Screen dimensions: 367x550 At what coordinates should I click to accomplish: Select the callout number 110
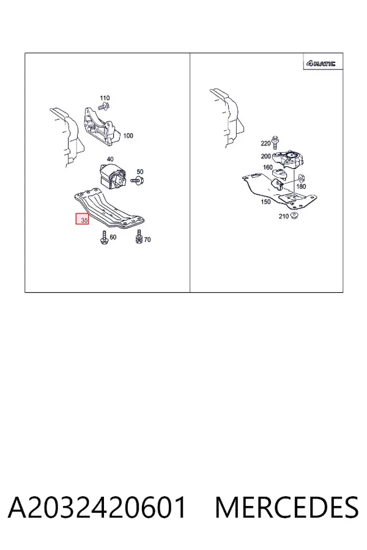[105, 98]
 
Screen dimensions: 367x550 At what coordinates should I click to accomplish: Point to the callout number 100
[128, 136]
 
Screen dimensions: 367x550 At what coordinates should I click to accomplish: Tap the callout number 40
[110, 159]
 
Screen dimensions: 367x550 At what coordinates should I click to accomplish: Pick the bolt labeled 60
[104, 238]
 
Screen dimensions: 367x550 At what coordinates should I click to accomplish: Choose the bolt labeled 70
[139, 237]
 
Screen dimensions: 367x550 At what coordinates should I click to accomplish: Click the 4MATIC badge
[321, 64]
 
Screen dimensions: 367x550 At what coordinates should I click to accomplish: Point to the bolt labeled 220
[276, 142]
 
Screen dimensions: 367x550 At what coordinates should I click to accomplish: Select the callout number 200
[266, 156]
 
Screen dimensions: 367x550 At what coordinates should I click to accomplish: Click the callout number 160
[268, 167]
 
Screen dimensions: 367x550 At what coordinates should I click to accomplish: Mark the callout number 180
[301, 186]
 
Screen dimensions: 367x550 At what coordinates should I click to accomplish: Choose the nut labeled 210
[294, 215]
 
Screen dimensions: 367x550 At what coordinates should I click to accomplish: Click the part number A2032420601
[97, 507]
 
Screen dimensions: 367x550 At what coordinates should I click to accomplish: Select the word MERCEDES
[287, 507]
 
